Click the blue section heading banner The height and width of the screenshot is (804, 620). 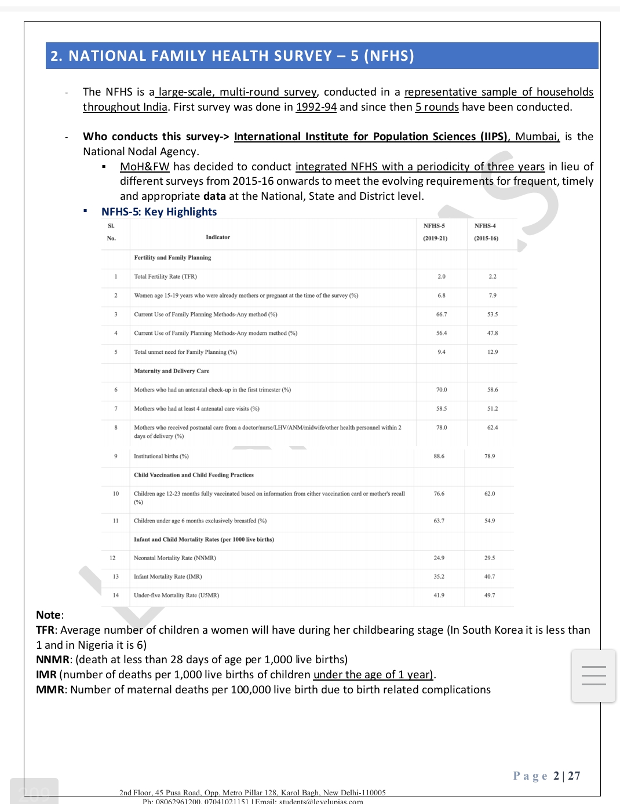pos(322,56)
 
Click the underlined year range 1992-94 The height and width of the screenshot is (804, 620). pos(316,107)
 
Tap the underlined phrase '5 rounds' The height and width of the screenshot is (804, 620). pos(437,107)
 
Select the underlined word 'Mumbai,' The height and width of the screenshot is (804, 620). pos(537,137)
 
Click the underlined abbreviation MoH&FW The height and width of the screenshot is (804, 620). pos(144,167)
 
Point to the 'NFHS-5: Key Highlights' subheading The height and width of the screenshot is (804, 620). pos(159,212)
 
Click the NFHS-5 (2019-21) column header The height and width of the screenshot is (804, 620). pos(435,232)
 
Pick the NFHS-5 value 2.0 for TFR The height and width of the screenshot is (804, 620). pos(442,277)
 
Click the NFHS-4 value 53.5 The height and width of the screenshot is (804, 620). pos(493,315)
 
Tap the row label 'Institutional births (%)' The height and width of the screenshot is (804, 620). pos(161,456)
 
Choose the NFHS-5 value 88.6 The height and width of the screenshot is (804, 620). pos(439,456)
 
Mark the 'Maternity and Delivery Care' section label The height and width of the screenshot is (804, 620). pos(172,371)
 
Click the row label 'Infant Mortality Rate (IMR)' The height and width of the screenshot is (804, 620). pos(167,577)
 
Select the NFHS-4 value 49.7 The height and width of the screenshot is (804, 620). pos(490,595)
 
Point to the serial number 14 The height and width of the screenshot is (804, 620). pos(116,595)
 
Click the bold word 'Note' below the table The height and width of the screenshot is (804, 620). pos(48,615)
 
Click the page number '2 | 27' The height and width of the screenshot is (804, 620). pos(566,776)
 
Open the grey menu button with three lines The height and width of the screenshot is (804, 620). pos(593,676)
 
